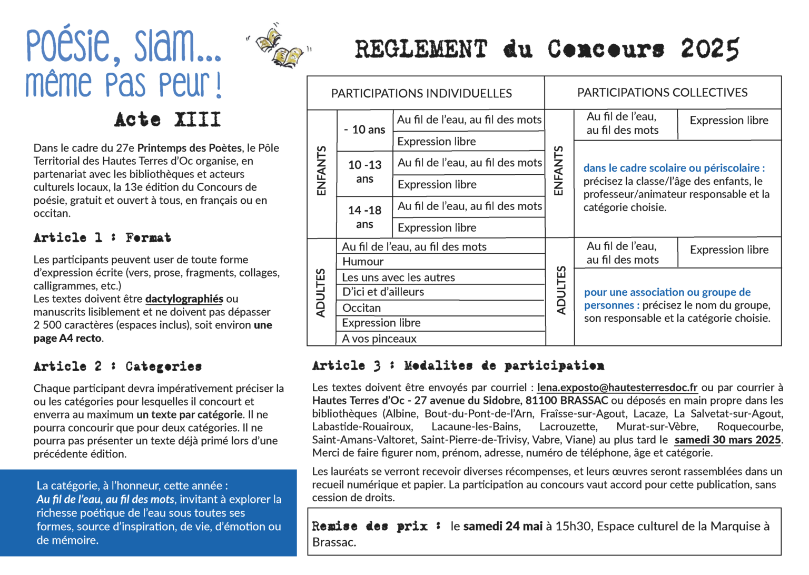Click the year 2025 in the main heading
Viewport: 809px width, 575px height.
point(709,49)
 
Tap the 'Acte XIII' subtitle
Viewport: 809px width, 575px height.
point(167,120)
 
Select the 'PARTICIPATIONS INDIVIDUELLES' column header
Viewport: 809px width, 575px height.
point(421,94)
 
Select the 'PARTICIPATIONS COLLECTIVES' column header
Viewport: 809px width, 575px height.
point(662,93)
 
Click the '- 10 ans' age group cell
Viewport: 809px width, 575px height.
point(365,130)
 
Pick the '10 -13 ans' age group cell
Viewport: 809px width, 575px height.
point(364,172)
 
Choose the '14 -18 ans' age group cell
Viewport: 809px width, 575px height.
point(364,217)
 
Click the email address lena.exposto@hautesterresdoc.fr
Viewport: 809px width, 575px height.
point(617,388)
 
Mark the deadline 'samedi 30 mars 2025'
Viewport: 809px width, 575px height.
point(727,440)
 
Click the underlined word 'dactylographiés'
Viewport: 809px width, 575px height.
point(184,299)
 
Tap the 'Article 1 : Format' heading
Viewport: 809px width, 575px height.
point(102,238)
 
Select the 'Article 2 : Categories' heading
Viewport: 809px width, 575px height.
point(117,366)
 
